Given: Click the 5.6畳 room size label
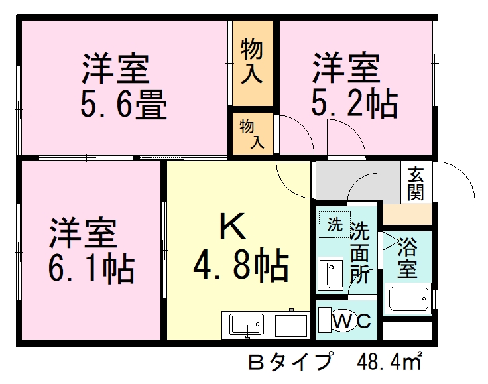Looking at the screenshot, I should pos(123,104).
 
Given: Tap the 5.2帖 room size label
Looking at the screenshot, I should pos(355,103).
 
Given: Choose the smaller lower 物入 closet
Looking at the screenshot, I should pos(252,133).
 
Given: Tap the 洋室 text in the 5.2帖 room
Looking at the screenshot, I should pos(346,68).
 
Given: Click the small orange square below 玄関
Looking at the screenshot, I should pos(407,214).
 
